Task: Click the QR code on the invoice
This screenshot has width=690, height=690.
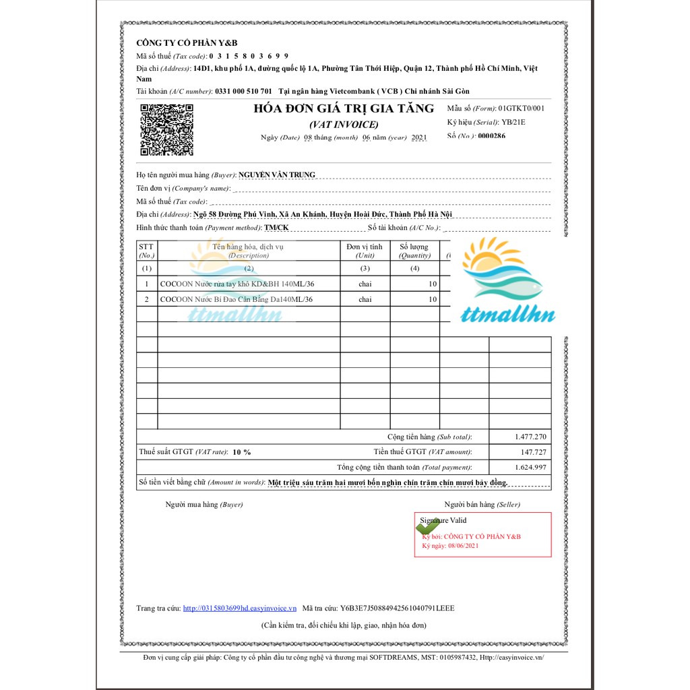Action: (x=166, y=130)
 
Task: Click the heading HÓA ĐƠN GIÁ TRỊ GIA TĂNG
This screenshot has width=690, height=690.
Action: (x=344, y=109)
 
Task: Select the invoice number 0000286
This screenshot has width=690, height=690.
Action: (x=491, y=136)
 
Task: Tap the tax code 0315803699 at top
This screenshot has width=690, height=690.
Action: (x=249, y=56)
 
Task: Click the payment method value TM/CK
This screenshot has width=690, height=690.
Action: (x=276, y=228)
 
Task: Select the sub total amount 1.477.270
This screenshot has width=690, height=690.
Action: (x=530, y=437)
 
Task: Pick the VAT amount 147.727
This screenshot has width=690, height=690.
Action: (x=532, y=452)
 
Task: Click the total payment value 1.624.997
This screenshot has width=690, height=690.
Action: (x=530, y=468)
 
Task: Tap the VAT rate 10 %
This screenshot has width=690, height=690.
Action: (x=241, y=452)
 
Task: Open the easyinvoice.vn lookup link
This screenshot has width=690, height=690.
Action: (x=240, y=608)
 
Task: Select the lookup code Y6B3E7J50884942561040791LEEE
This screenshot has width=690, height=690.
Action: (x=398, y=608)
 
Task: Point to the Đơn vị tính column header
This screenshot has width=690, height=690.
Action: (x=365, y=251)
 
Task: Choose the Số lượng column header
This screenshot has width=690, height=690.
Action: (x=414, y=251)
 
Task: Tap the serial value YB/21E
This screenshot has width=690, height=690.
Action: (x=513, y=122)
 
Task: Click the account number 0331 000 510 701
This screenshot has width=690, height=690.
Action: (x=243, y=92)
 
